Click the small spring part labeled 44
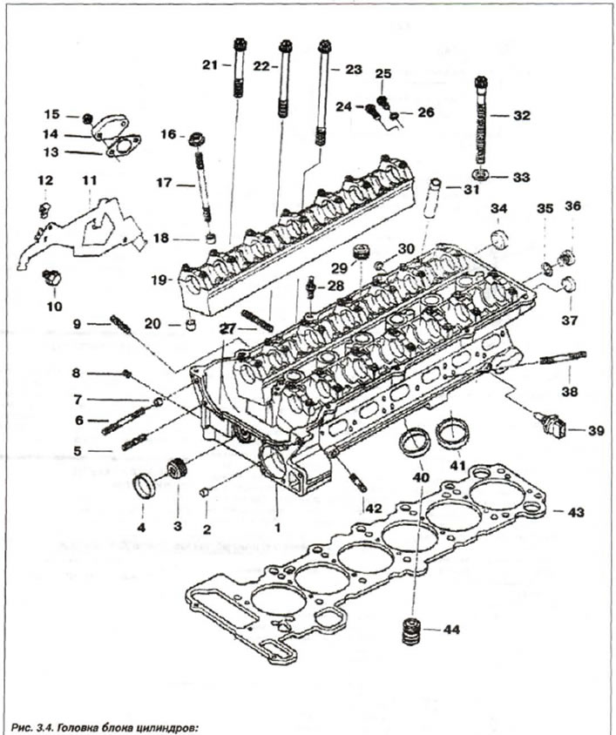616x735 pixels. [406, 631]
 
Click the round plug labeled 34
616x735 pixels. [500, 239]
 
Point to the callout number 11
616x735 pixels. [88, 180]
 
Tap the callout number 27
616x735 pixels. [228, 329]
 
